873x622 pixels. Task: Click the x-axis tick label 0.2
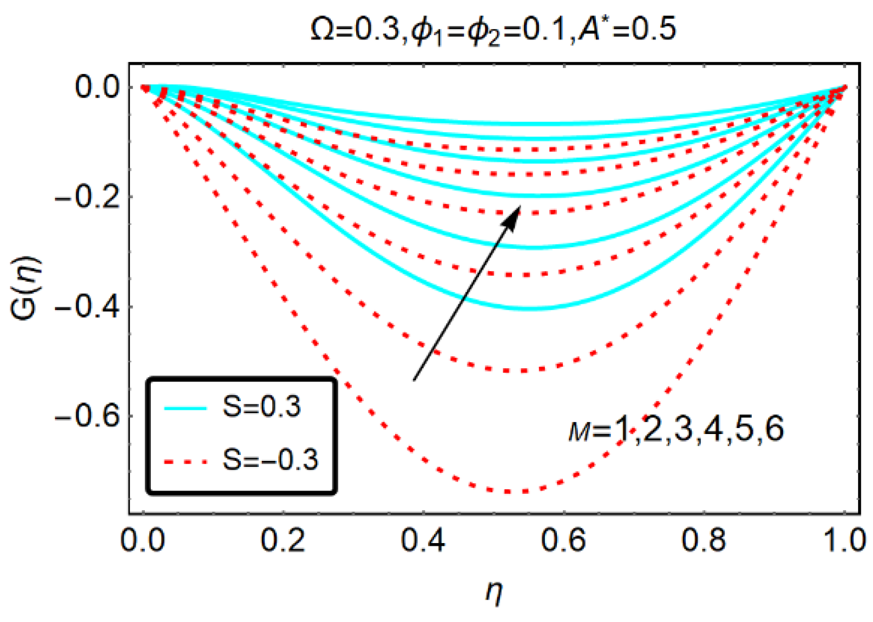(283, 540)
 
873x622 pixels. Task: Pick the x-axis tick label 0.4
(423, 540)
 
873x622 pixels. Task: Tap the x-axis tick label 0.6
(564, 540)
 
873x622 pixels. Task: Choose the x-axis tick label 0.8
(704, 540)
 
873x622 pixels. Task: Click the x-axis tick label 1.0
(844, 540)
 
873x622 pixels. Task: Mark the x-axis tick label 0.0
(143, 540)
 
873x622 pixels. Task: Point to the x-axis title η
(494, 592)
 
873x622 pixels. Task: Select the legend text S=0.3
(262, 407)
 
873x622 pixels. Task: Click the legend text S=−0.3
(270, 460)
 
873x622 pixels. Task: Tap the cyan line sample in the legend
(185, 408)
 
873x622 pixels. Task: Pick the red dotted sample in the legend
(185, 462)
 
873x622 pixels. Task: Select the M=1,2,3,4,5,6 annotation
(676, 429)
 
